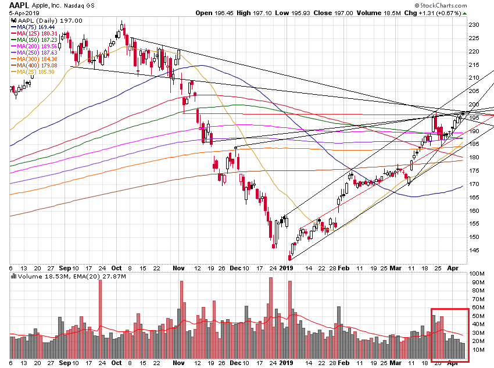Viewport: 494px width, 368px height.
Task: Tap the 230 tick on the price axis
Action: point(474,24)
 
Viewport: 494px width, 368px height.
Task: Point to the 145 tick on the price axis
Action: point(474,251)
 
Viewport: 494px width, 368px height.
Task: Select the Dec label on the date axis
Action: point(235,267)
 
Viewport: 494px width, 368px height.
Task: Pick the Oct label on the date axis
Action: point(116,267)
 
